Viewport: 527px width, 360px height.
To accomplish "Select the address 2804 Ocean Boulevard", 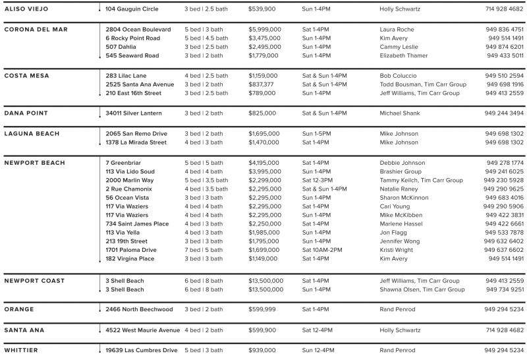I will pyautogui.click(x=138, y=30).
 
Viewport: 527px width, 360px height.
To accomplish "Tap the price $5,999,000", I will pyautogui.click(x=265, y=30).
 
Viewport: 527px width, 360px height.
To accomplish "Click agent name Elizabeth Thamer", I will pyautogui.click(x=403, y=55).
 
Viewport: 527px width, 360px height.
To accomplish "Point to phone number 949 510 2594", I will pyautogui.click(x=504, y=76).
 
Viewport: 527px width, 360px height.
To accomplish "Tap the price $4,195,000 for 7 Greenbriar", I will pyautogui.click(x=265, y=163).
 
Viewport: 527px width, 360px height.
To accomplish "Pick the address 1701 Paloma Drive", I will pyautogui.click(x=131, y=250).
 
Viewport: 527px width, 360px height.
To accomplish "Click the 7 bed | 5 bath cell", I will pyautogui.click(x=204, y=250).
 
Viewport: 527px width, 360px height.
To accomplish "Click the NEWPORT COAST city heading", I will pyautogui.click(x=34, y=281).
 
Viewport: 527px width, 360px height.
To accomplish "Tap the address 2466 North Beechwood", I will pyautogui.click(x=139, y=309).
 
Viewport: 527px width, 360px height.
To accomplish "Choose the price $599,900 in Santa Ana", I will pyautogui.click(x=262, y=330).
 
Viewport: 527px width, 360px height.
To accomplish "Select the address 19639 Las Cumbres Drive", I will pyautogui.click(x=142, y=350).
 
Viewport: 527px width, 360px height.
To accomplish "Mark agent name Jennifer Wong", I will pyautogui.click(x=399, y=241).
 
